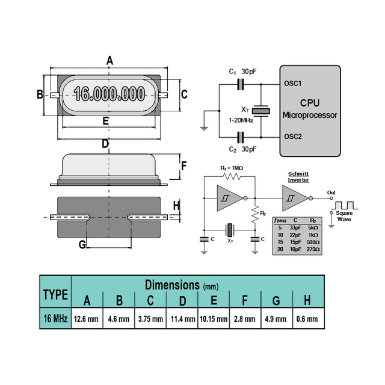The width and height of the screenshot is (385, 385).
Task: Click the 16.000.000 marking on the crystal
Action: click(109, 94)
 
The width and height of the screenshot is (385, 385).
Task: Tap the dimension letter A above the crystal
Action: click(109, 61)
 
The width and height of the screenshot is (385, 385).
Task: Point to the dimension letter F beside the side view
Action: click(184, 165)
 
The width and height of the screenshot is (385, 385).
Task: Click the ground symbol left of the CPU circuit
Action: click(205, 126)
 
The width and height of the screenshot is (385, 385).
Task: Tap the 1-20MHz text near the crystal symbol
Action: click(240, 120)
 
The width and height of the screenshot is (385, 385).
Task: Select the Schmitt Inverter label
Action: click(298, 176)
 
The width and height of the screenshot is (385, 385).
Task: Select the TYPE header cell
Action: click(55, 294)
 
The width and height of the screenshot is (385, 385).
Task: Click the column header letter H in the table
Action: click(307, 301)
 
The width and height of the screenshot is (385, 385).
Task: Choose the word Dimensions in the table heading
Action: click(172, 285)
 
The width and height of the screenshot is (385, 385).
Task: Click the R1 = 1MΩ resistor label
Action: click(232, 168)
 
